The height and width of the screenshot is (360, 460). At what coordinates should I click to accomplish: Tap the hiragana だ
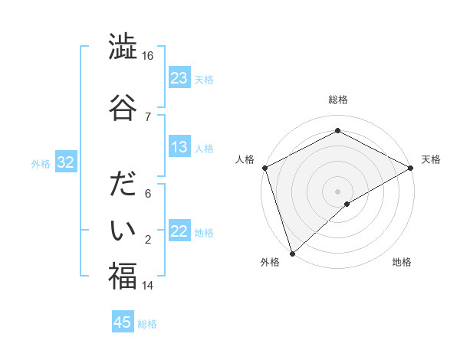click(122, 187)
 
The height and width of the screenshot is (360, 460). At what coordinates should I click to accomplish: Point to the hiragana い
click(122, 229)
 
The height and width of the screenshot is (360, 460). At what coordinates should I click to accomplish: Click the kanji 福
click(122, 276)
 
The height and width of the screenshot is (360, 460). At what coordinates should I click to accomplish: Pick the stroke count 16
click(148, 57)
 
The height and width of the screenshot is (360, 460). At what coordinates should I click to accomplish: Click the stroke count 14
click(148, 286)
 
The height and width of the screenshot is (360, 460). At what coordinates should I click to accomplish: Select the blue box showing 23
click(179, 78)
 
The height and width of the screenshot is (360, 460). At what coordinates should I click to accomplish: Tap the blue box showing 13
click(179, 148)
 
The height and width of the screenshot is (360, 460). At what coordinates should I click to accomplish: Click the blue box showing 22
click(179, 232)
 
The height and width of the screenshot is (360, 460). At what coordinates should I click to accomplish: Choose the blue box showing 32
click(65, 163)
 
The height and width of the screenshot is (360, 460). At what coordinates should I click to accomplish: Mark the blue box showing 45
click(123, 322)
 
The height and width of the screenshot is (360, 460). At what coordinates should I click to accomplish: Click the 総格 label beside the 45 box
click(147, 324)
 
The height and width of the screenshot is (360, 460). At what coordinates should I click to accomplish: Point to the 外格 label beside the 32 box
click(41, 164)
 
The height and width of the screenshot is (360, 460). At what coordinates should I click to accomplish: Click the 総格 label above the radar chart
click(337, 100)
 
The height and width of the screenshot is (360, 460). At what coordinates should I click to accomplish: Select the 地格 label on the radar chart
click(402, 262)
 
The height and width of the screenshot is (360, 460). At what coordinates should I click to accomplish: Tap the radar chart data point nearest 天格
click(411, 169)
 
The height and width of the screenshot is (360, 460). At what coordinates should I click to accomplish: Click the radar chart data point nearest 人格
click(264, 168)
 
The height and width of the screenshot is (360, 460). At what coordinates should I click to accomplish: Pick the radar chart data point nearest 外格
click(291, 253)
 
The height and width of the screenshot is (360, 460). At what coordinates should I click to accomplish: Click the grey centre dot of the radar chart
click(337, 191)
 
